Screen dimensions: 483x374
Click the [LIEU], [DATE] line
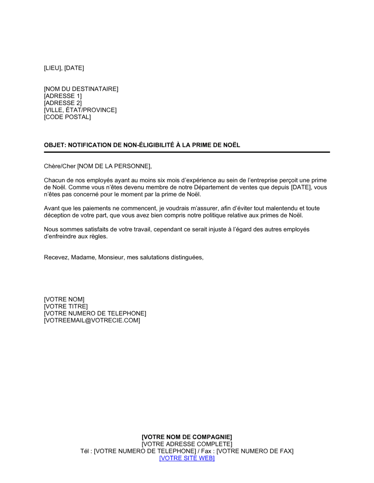(x=64, y=68)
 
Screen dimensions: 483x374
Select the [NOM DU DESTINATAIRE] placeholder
(x=81, y=89)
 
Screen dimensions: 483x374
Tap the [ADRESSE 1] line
(x=63, y=96)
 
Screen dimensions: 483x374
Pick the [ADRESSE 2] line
(x=63, y=103)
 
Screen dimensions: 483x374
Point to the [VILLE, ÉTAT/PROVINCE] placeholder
(x=80, y=110)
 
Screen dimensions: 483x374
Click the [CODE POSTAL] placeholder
(x=67, y=117)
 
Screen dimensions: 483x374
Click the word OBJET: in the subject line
(x=55, y=145)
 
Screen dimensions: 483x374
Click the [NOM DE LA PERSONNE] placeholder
(x=114, y=166)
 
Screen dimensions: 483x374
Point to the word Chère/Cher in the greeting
(x=60, y=166)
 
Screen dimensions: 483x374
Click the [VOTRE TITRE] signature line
(x=66, y=307)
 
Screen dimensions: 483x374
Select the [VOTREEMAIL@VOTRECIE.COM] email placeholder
(x=92, y=321)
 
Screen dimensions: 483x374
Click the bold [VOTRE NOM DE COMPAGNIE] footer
(x=187, y=437)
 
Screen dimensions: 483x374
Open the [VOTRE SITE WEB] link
(x=187, y=458)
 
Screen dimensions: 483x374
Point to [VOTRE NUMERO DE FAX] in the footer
(x=255, y=451)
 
